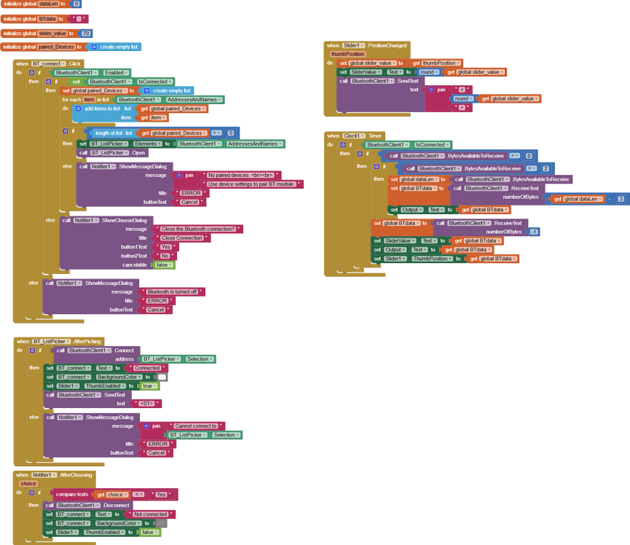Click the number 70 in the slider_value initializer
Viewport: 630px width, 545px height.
pos(86,33)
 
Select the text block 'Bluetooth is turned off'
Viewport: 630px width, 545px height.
pos(173,291)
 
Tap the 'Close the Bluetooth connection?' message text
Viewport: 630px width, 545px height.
pos(198,229)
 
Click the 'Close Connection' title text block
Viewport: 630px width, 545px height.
pos(182,238)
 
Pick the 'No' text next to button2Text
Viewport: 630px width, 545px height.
pos(165,256)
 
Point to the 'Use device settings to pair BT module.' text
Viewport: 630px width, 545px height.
pos(251,184)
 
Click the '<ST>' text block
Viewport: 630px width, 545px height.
pos(150,403)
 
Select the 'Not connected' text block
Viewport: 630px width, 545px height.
pos(150,514)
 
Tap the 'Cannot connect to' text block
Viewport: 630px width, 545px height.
pos(197,426)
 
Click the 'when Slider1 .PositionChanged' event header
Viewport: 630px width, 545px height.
pos(367,45)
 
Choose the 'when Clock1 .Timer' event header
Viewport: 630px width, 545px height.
pos(355,136)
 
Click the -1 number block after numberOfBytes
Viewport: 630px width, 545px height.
pos(534,232)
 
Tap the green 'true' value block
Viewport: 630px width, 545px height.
pos(148,386)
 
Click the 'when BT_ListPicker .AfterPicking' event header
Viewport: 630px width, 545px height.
pos(59,341)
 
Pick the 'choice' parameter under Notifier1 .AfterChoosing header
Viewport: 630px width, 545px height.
pos(28,483)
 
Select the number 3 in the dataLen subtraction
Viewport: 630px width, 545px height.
pos(621,199)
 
